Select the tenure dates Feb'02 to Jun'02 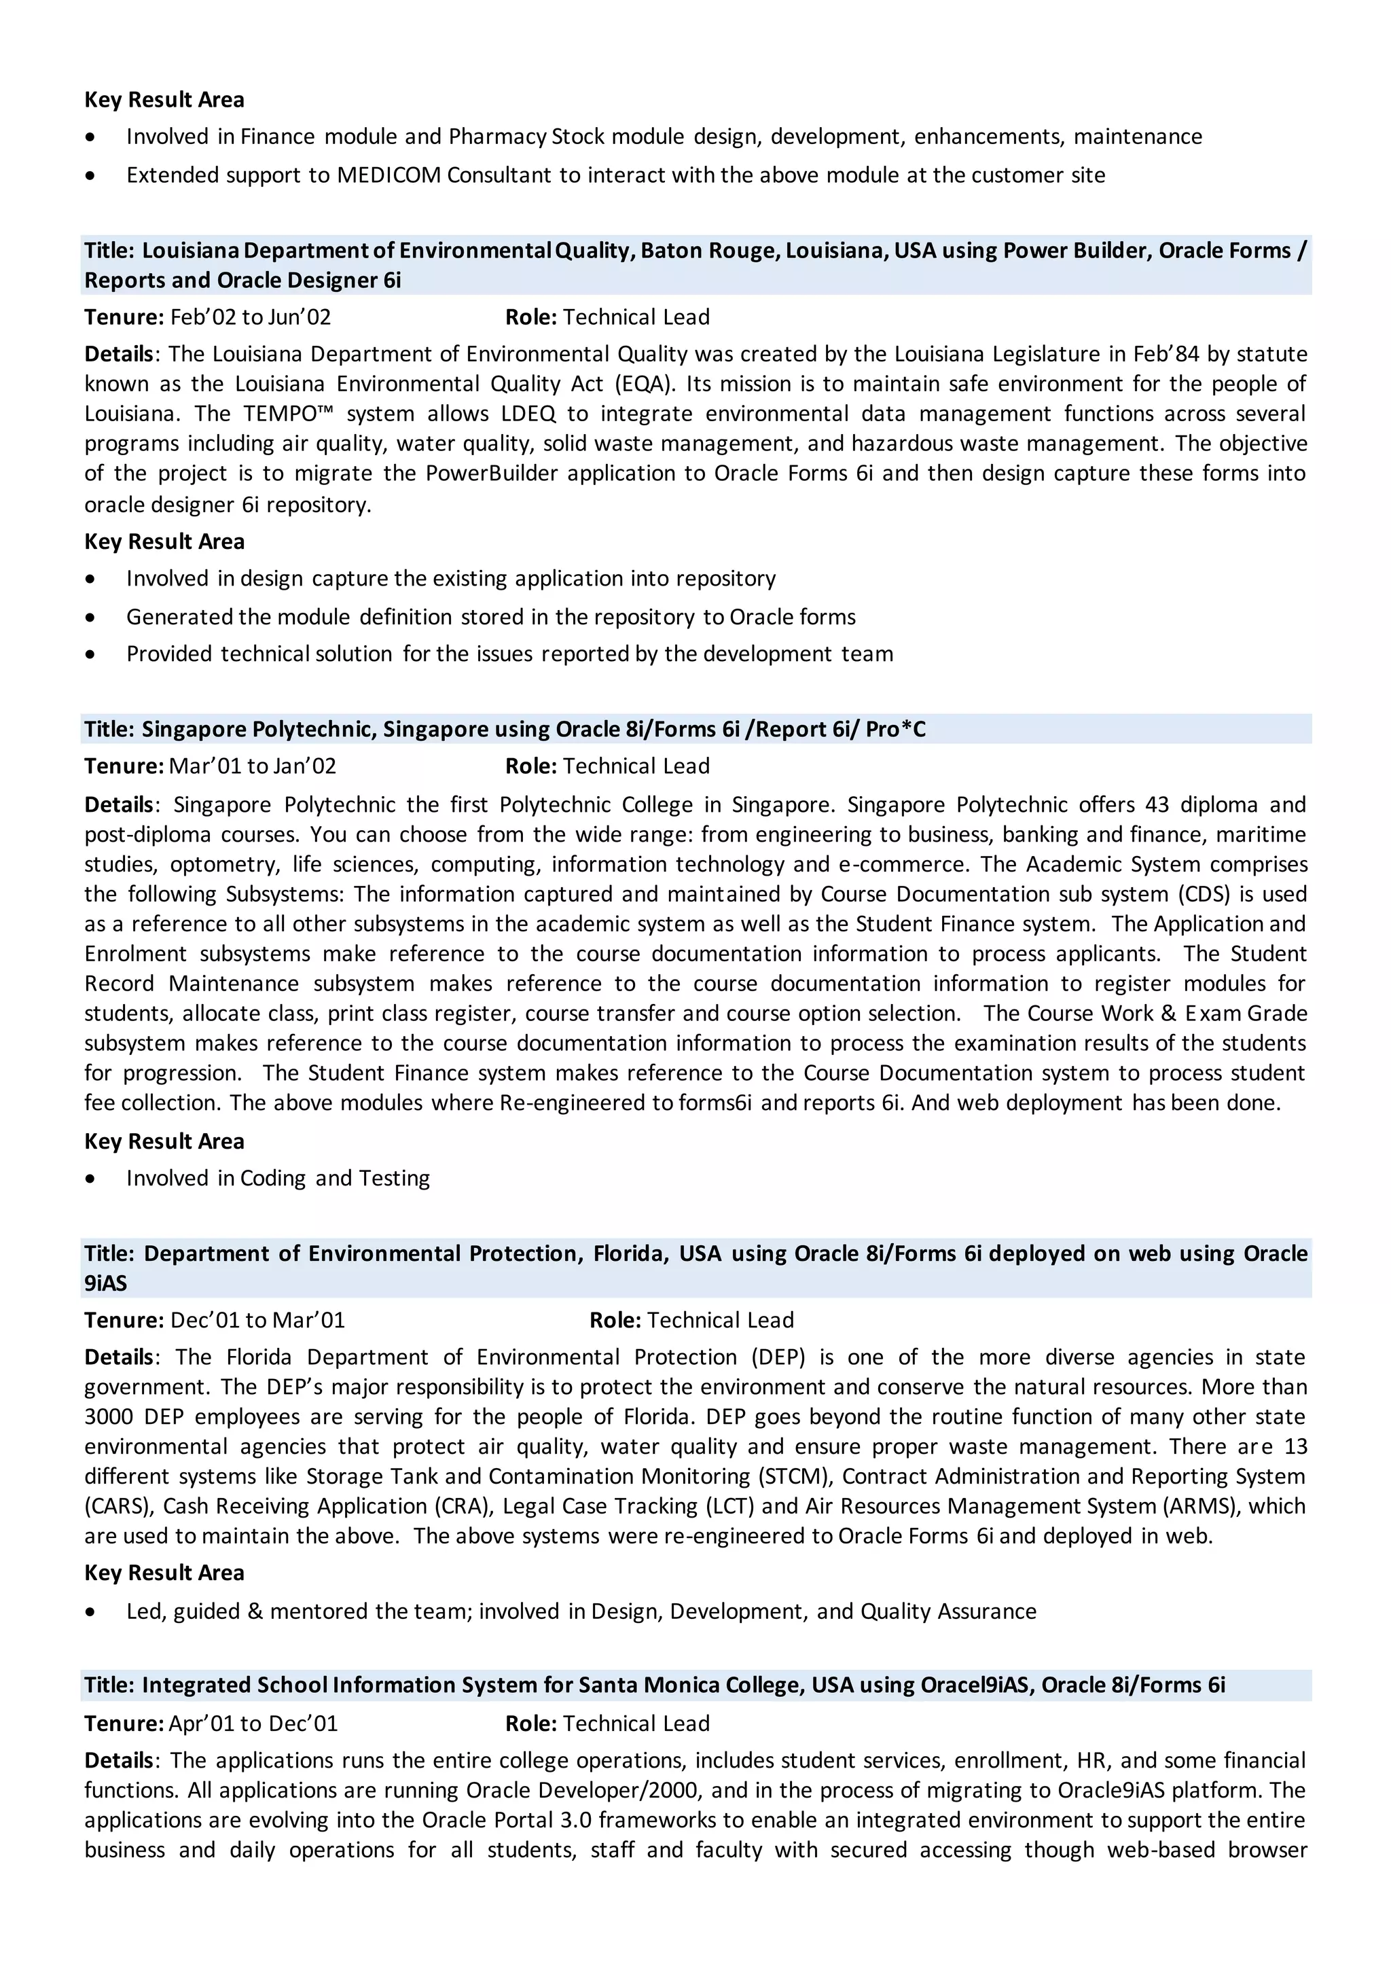(x=250, y=317)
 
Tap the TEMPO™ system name (x=288, y=414)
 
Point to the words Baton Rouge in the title (x=708, y=250)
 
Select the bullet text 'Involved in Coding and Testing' (x=278, y=1178)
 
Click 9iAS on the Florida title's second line (x=105, y=1283)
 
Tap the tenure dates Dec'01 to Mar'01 (x=257, y=1320)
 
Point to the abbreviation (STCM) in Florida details (x=793, y=1476)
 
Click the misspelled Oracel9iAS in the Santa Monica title (x=973, y=1685)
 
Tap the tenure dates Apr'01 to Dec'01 (x=253, y=1723)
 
